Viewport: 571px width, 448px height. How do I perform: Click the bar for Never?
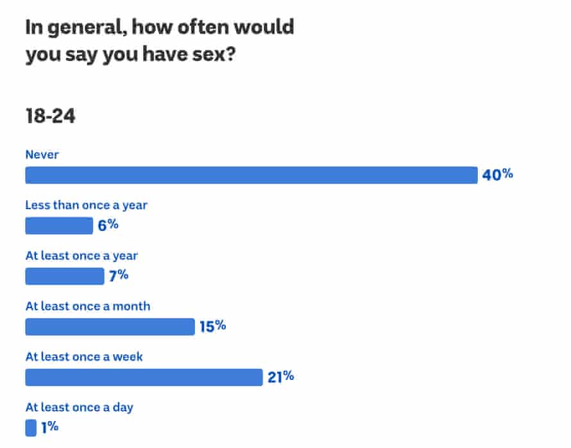[251, 175]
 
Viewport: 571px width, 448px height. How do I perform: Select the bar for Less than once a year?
[59, 226]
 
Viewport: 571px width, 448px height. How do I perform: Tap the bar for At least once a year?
[64, 276]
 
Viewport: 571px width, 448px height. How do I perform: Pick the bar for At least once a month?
[110, 327]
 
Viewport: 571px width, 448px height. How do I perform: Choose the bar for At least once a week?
[144, 377]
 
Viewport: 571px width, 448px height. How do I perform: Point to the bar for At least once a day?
[31, 427]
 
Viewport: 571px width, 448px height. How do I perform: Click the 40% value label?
[498, 175]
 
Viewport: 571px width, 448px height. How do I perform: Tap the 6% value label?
[108, 225]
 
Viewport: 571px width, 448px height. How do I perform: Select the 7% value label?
[119, 275]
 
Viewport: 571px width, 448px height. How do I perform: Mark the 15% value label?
[212, 326]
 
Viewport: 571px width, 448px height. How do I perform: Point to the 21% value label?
[280, 377]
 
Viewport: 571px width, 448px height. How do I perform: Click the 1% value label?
[50, 427]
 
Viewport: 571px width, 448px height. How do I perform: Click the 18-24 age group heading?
[50, 116]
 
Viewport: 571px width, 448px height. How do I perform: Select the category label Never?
[42, 154]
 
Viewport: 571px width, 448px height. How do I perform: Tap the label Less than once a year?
[86, 205]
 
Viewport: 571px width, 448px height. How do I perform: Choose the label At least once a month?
[88, 306]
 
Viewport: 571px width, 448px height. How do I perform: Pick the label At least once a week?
[84, 357]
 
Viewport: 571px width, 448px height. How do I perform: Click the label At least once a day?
[80, 408]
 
